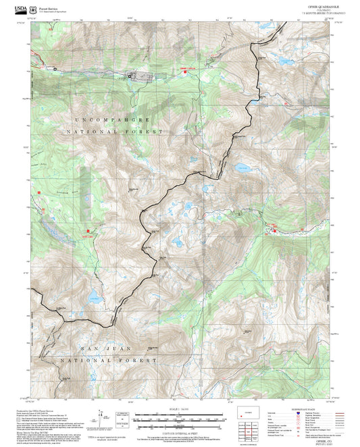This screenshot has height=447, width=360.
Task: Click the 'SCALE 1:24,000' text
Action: (179, 409)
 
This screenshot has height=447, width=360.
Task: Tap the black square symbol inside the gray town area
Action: (131, 77)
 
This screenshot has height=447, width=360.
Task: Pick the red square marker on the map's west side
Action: (40, 192)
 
